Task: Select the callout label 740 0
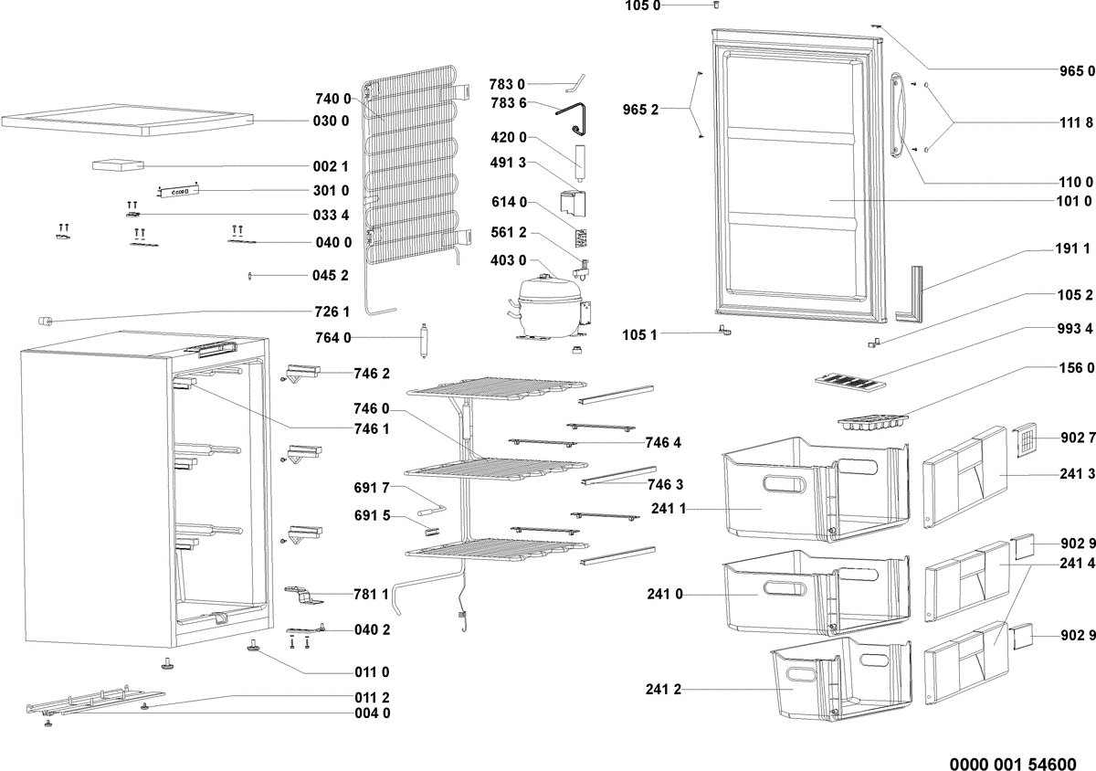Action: click(333, 99)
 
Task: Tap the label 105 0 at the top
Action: click(643, 6)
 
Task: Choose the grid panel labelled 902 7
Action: click(1029, 441)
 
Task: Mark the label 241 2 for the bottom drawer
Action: click(664, 690)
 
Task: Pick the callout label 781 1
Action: click(372, 595)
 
